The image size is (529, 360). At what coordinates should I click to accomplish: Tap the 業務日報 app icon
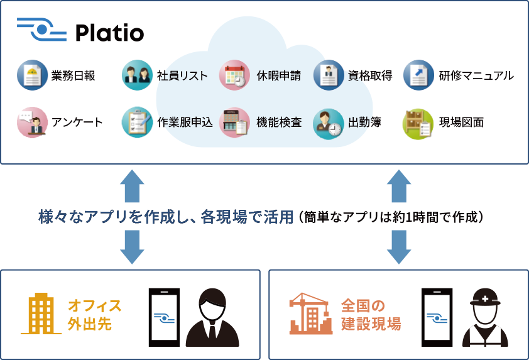pyautogui.click(x=32, y=75)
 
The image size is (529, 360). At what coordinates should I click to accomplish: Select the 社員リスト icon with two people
pyautogui.click(x=136, y=75)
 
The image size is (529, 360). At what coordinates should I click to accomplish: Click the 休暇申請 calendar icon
pyautogui.click(x=234, y=75)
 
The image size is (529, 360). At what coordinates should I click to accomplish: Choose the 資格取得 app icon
pyautogui.click(x=329, y=75)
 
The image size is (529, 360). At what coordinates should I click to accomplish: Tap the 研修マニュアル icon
pyautogui.click(x=418, y=75)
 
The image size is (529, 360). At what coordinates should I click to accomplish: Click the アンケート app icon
pyautogui.click(x=32, y=122)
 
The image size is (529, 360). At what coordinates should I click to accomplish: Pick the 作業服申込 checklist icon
pyautogui.click(x=136, y=122)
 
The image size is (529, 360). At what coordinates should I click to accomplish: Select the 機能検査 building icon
pyautogui.click(x=234, y=122)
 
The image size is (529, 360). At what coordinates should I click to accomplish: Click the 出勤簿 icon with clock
pyautogui.click(x=329, y=122)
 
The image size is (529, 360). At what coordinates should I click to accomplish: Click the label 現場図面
pyautogui.click(x=461, y=123)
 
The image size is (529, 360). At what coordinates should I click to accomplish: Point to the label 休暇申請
pyautogui.click(x=278, y=76)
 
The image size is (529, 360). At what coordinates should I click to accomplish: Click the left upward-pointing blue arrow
pyautogui.click(x=132, y=185)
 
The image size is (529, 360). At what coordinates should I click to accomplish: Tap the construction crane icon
pyautogui.click(x=310, y=314)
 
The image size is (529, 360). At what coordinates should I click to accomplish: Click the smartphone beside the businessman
pyautogui.click(x=164, y=317)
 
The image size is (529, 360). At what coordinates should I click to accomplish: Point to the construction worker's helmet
pyautogui.click(x=485, y=297)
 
